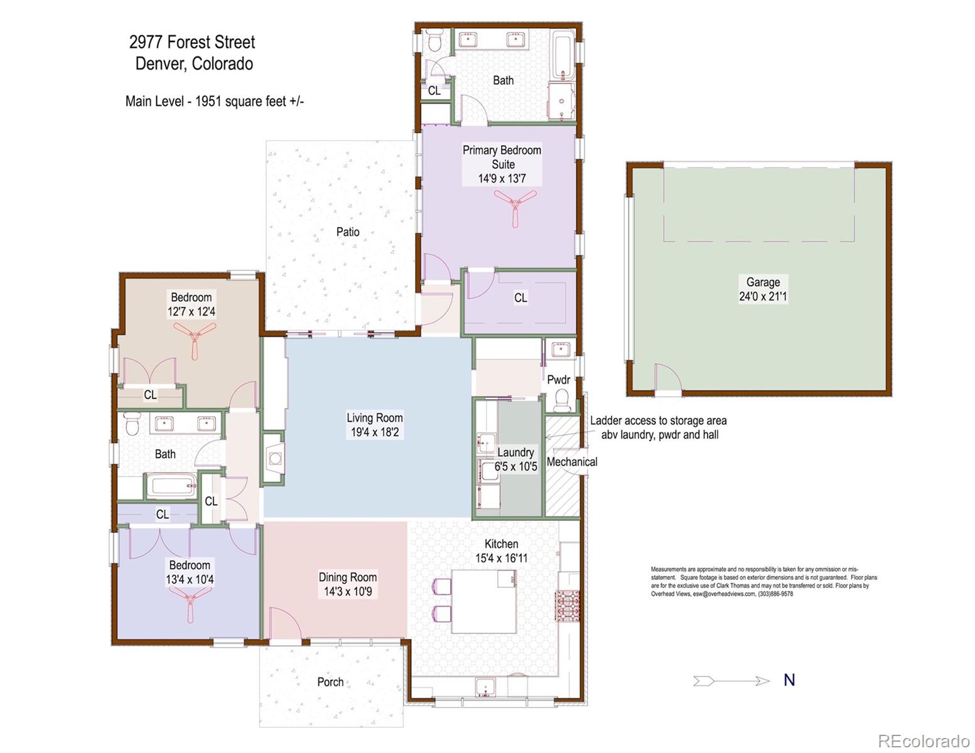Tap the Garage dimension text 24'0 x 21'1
tap(763, 296)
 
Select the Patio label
tap(348, 232)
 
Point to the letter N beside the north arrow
tap(789, 680)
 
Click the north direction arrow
tap(731, 681)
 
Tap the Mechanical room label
tap(572, 462)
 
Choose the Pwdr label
tap(558, 380)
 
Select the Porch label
tap(330, 682)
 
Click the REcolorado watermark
tap(923, 740)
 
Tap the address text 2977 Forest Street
tap(192, 43)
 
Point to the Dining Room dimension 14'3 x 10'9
tap(347, 591)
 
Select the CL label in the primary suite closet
tap(520, 298)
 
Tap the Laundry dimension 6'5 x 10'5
tap(515, 466)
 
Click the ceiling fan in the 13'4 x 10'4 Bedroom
tap(190, 606)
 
